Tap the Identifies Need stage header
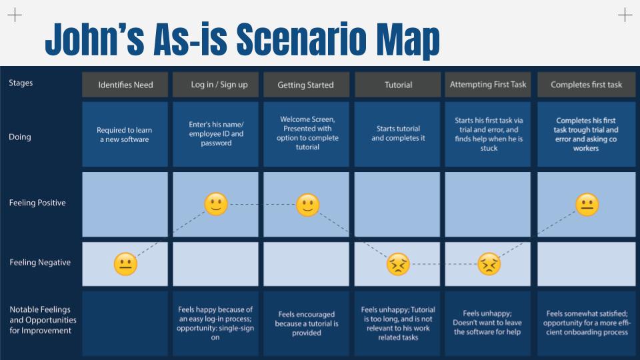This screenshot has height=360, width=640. [125, 85]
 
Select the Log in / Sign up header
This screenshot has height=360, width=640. [215, 85]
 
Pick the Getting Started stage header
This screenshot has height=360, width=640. [306, 85]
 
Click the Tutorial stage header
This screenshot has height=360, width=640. [397, 85]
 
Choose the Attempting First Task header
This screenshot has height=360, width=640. [488, 85]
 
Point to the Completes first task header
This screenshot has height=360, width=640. [586, 85]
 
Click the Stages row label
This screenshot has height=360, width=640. [21, 83]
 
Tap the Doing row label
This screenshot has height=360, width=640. [19, 137]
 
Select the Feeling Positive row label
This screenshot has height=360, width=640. [37, 203]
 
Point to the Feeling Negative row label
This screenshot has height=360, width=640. [40, 263]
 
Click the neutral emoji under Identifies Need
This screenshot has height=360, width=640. [125, 264]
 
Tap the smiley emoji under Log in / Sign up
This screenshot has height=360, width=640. [216, 204]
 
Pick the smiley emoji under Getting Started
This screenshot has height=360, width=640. [307, 205]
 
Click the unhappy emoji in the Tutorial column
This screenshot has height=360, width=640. [398, 264]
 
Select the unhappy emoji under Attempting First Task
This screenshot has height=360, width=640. [489, 264]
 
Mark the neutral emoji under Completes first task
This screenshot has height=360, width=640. [587, 205]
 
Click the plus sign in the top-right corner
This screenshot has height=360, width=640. [625, 15]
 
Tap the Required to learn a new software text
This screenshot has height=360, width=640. [125, 135]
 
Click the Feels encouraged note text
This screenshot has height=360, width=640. [307, 324]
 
